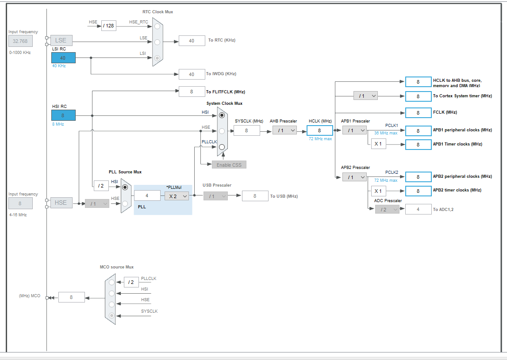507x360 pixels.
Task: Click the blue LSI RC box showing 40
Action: coord(63,58)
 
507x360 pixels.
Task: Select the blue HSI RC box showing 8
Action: coord(63,115)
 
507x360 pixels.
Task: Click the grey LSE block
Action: coord(61,40)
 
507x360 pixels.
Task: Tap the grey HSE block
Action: coord(61,203)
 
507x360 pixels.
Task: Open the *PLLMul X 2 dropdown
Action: coord(177,196)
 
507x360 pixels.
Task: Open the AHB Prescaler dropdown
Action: coord(284,130)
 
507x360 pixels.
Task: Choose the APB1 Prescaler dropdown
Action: coord(354,130)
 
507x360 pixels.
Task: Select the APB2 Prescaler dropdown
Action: coord(354,177)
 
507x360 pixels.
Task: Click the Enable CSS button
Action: coord(229,165)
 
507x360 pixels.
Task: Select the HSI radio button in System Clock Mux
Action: coord(222,115)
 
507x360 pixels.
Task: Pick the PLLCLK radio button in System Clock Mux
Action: coord(222,147)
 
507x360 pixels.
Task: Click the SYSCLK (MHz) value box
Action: coord(246,130)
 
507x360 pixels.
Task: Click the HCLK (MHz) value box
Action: coord(319,130)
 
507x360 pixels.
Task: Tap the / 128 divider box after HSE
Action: coord(108,26)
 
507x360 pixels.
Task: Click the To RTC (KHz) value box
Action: coord(192,40)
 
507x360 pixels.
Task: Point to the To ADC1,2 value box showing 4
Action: coord(418,209)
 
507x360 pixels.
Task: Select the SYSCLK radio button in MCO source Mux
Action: coord(111,315)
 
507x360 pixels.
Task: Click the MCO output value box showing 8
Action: coord(71,297)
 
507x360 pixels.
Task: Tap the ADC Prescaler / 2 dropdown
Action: coord(387,209)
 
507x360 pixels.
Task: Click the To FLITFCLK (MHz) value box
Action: coord(192,92)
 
